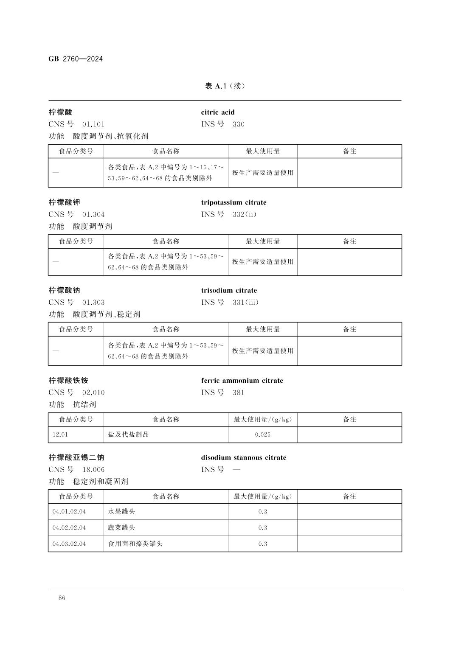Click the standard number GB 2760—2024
click(x=76, y=59)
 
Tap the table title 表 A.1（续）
click(x=225, y=86)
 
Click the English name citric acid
click(x=218, y=112)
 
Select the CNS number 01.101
click(x=93, y=124)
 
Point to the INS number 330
click(x=239, y=124)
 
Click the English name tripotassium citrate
click(x=234, y=202)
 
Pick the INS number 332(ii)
click(x=245, y=214)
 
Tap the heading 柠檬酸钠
click(x=64, y=291)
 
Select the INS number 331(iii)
click(x=246, y=303)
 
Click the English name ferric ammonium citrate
click(x=242, y=381)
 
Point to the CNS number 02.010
click(x=93, y=393)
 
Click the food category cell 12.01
click(x=60, y=435)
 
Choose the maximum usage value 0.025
click(x=263, y=435)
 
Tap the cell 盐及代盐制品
click(x=128, y=435)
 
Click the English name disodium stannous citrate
click(x=244, y=458)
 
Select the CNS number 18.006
click(x=93, y=470)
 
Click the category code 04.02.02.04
click(x=69, y=528)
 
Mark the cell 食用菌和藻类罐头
click(x=135, y=544)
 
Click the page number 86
click(x=62, y=598)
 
